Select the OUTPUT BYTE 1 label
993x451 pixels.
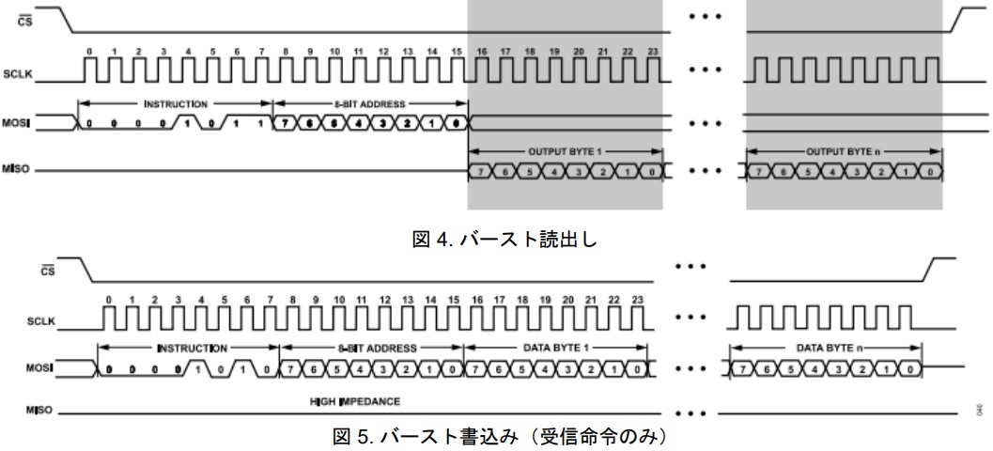565,149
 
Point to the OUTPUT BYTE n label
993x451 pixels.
843,149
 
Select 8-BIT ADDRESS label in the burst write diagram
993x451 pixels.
371,347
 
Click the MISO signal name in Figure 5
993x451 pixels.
43,412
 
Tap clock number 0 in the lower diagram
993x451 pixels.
109,299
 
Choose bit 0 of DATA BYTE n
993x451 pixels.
910,368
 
